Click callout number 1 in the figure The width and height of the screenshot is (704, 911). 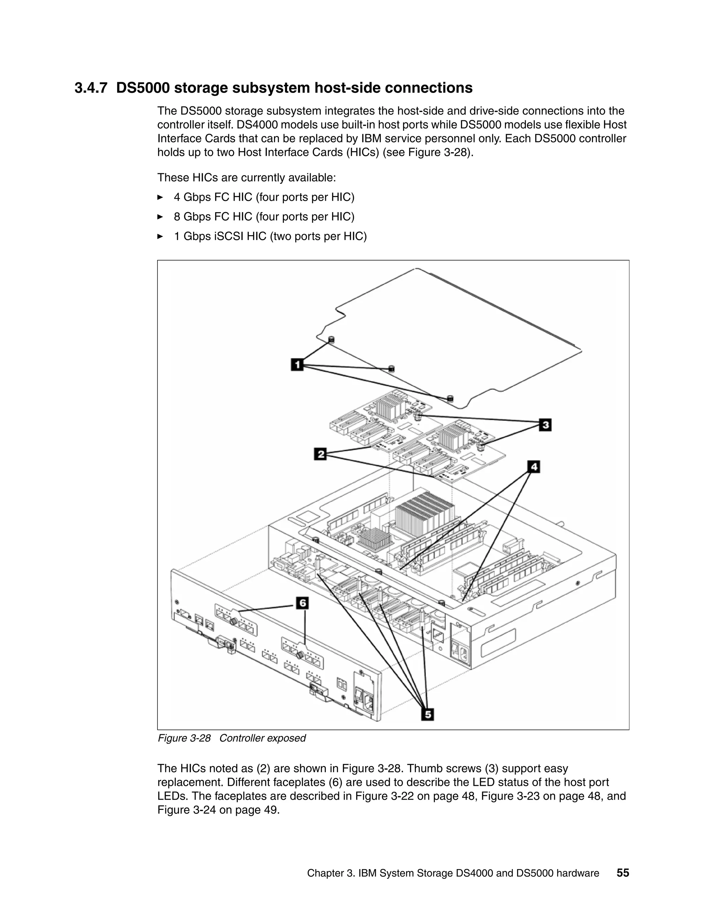click(x=297, y=364)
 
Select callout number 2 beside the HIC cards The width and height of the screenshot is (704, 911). click(x=320, y=454)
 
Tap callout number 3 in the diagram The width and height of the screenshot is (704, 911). click(x=545, y=425)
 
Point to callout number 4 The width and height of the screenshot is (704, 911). click(x=534, y=467)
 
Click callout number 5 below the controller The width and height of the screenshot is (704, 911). click(x=428, y=715)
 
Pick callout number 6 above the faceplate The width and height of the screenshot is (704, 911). click(x=302, y=603)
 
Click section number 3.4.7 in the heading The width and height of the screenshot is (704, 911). click(x=90, y=88)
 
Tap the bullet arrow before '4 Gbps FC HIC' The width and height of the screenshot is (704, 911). click(x=160, y=197)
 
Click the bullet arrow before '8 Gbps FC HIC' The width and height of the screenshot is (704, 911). click(x=160, y=217)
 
